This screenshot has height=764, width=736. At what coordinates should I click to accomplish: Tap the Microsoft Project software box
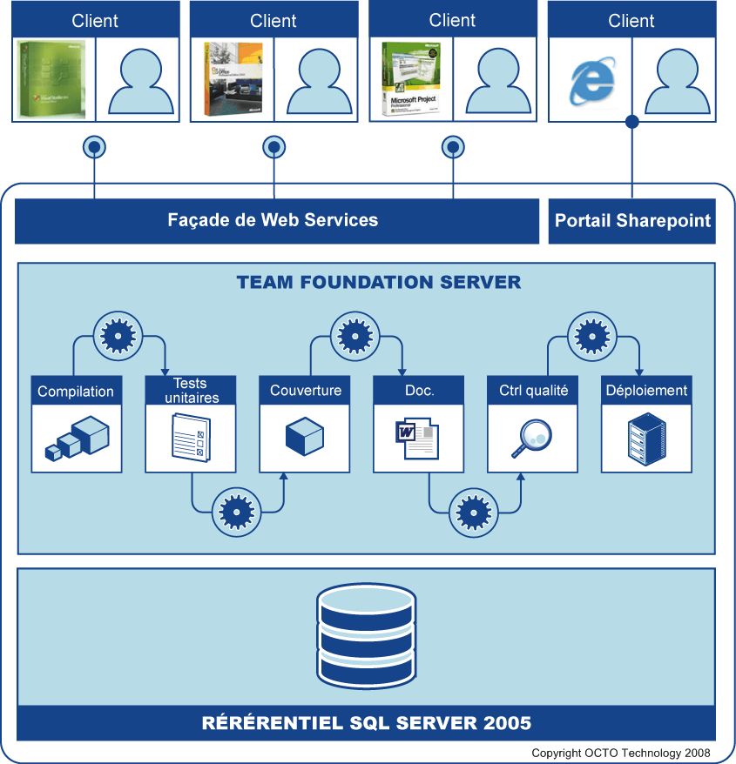[410, 79]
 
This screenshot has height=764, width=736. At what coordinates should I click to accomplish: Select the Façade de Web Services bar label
[273, 220]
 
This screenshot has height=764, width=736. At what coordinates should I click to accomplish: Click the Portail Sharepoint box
[632, 221]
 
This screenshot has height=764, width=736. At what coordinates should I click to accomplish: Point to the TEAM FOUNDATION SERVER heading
[379, 283]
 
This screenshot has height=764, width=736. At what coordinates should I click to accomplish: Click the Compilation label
[76, 392]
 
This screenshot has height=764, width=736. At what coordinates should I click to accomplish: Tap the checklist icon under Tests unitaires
[191, 437]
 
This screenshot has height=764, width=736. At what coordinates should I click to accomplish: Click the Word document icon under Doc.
[417, 437]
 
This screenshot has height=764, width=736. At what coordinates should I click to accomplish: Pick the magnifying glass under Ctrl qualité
[531, 438]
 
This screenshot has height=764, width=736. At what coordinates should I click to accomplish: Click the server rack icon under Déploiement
[646, 438]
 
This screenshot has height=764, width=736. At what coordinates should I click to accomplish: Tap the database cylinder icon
[366, 635]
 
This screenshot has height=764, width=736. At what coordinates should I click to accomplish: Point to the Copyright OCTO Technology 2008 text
[621, 753]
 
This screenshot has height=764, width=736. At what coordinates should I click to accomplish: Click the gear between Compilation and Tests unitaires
[117, 334]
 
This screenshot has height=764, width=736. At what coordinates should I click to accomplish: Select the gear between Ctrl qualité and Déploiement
[592, 334]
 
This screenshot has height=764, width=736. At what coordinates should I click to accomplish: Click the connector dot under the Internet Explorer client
[632, 122]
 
